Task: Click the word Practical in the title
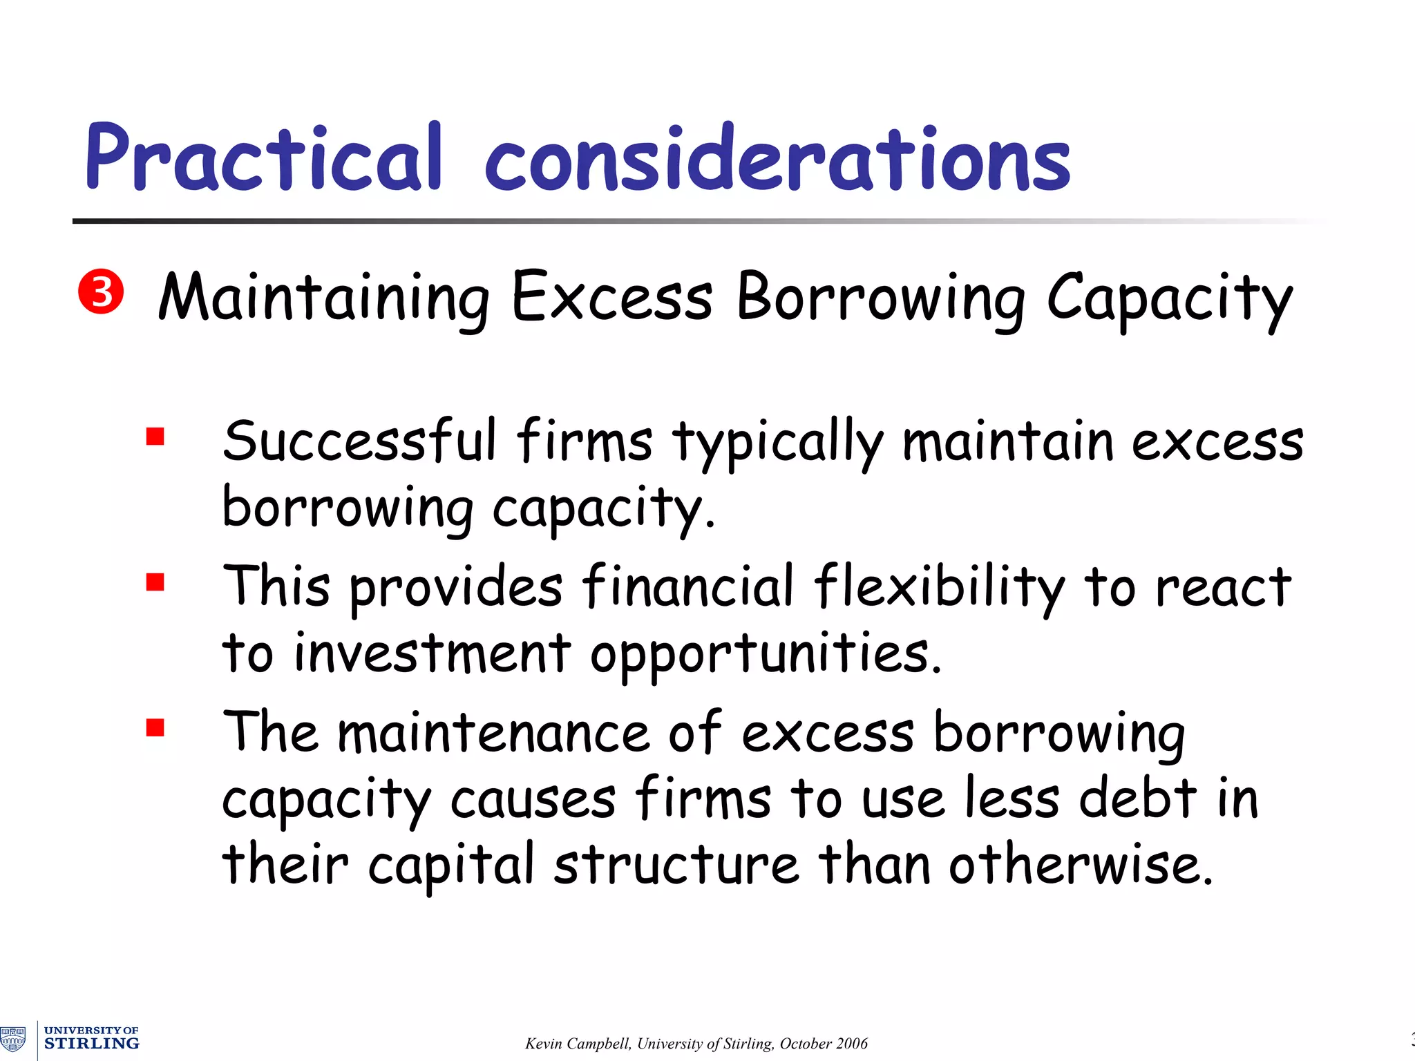[x=263, y=157]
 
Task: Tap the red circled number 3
[x=101, y=291]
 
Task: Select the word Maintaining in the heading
[x=324, y=298]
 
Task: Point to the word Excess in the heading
[x=611, y=296]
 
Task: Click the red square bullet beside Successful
[x=155, y=437]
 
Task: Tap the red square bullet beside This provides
[x=155, y=582]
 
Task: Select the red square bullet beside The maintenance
[x=155, y=728]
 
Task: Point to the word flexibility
[x=939, y=588]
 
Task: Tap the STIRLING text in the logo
[x=92, y=1043]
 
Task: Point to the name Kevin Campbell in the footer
[x=578, y=1044]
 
